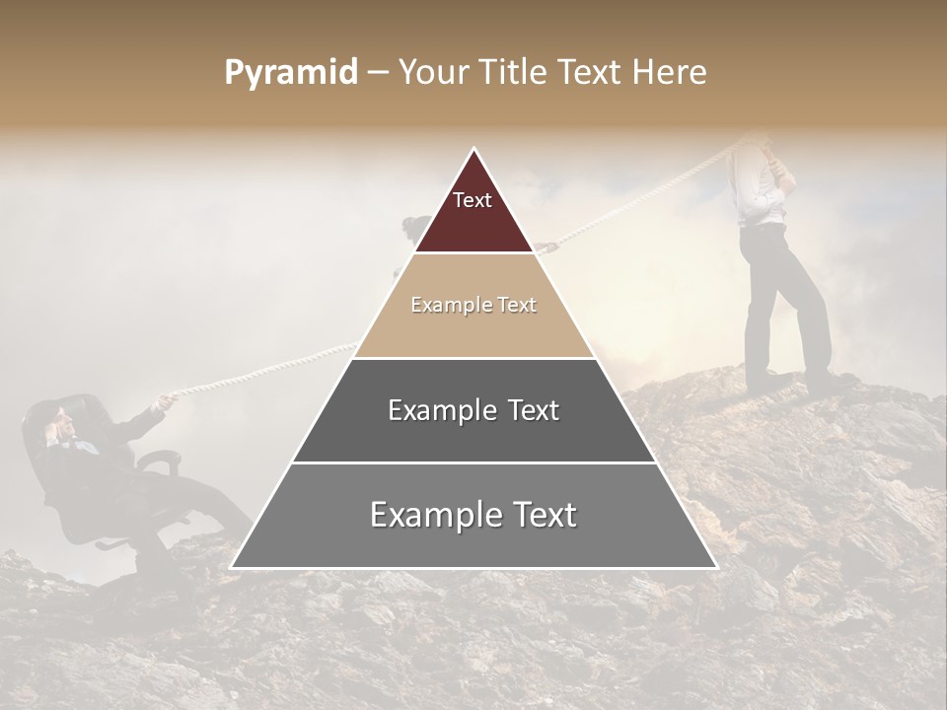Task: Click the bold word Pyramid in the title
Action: (290, 73)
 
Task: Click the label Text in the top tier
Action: (473, 200)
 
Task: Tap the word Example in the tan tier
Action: (443, 305)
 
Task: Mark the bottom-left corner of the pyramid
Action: (232, 567)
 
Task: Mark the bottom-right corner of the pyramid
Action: (715, 567)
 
